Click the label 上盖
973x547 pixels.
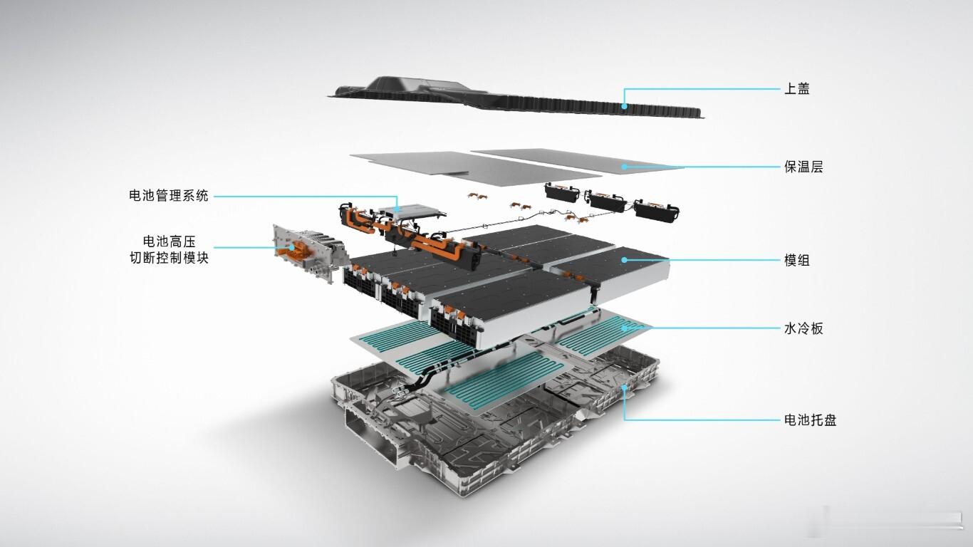796,89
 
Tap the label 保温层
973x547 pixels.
803,167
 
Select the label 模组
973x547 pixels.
796,261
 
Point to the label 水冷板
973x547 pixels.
803,329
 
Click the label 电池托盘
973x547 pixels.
810,420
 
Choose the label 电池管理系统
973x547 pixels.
169,196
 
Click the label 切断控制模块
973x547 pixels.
169,258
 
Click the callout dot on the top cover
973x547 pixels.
625,106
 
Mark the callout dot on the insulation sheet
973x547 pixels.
625,167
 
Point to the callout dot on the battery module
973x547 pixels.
625,261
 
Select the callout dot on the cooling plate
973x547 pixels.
625,328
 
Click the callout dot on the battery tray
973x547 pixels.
625,388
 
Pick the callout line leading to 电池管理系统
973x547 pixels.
306,196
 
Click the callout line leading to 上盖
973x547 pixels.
705,89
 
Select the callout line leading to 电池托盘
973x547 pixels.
705,420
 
